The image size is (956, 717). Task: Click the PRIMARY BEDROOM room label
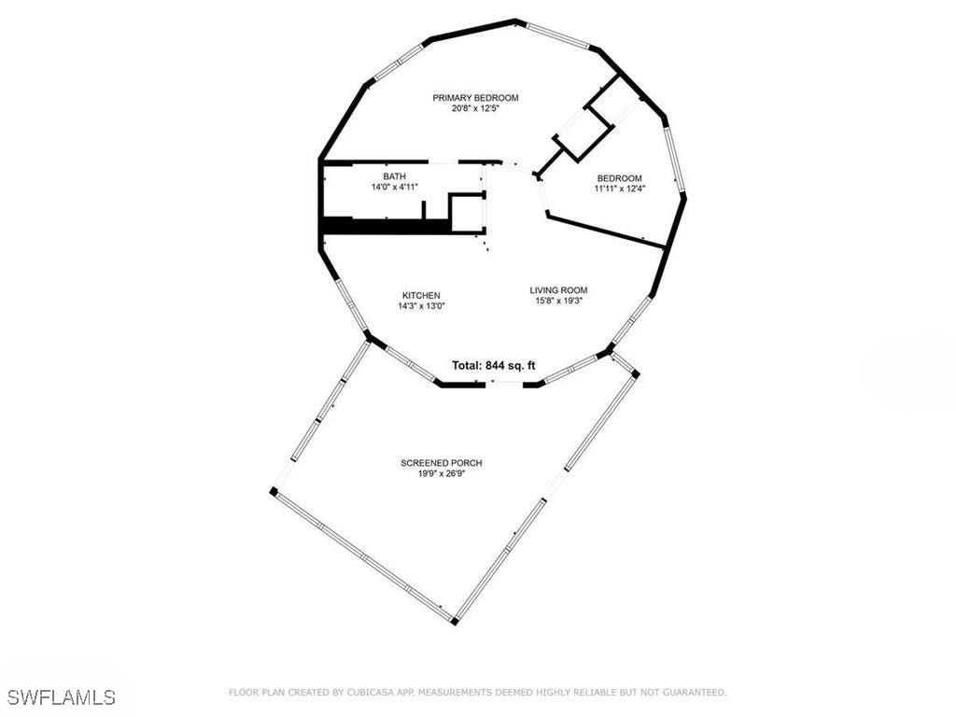(475, 97)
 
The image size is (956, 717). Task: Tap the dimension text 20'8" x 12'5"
(475, 108)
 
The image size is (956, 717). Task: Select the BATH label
(395, 176)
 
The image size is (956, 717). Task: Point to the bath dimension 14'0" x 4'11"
(395, 187)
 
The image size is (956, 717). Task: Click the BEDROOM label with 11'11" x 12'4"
(620, 178)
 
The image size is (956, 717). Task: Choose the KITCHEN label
(421, 296)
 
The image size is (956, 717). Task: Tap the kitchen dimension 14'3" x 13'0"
(421, 306)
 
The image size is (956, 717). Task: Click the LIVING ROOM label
(558, 290)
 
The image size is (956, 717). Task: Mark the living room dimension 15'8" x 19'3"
(558, 301)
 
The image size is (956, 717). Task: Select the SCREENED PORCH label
(442, 463)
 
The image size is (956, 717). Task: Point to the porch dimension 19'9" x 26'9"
(442, 473)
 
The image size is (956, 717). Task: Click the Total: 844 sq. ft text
(493, 366)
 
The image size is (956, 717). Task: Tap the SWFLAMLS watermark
(61, 697)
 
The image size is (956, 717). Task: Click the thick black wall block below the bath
(387, 226)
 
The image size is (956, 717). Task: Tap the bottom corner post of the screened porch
(455, 621)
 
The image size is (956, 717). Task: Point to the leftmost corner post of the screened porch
(274, 491)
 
